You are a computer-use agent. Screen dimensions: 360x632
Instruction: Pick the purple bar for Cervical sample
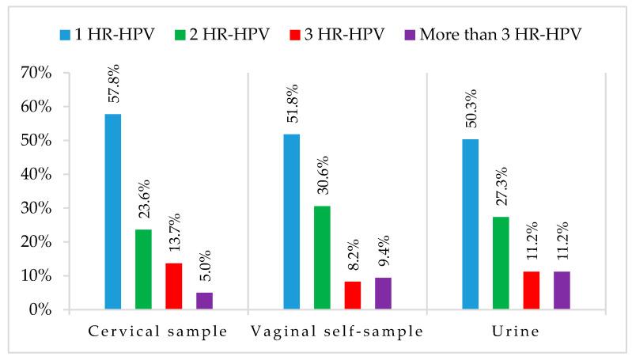(204, 301)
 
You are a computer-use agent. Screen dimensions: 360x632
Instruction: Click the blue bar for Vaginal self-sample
(292, 222)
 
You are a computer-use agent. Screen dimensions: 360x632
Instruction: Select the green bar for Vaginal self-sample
(322, 258)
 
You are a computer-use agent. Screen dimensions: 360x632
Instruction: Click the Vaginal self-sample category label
(337, 332)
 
